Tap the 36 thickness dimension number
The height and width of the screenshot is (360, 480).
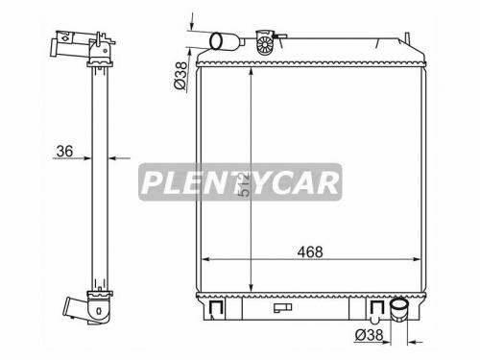click(x=66, y=150)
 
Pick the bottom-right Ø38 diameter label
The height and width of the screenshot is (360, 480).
click(x=369, y=336)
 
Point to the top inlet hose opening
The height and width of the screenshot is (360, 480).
click(x=218, y=40)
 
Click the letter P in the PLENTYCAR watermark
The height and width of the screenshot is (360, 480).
click(x=154, y=181)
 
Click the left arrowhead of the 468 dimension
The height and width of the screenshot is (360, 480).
click(x=205, y=260)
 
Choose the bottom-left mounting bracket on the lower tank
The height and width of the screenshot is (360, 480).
click(x=215, y=307)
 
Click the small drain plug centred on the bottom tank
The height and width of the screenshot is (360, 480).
click(x=282, y=308)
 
